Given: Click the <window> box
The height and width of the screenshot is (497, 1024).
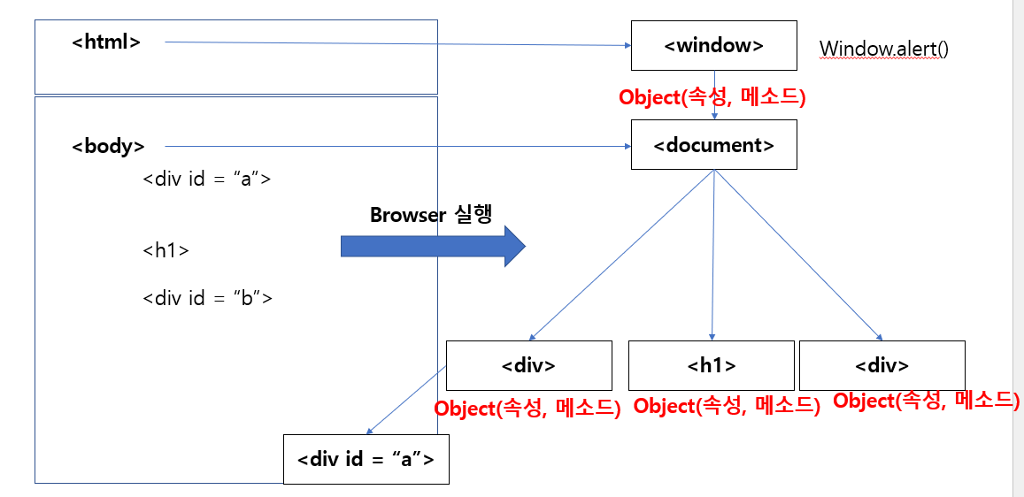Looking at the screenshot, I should pos(713,45).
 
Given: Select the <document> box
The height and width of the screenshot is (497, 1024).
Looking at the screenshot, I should pos(713,144).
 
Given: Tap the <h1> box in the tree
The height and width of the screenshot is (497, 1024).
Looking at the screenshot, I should pos(711,365).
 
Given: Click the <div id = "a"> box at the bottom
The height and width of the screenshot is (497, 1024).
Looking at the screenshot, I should pos(366,459).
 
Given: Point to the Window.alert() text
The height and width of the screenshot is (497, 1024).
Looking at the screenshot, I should pos(883,48).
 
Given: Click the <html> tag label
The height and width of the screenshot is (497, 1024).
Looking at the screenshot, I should pos(106,41).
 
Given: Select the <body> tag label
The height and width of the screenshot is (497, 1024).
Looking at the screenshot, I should pos(108,146).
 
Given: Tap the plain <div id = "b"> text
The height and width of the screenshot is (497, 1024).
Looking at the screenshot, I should pos(207,297).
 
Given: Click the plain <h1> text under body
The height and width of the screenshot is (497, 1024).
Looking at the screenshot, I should pos(166,250).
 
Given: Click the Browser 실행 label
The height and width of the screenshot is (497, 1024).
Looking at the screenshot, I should pos(430,215).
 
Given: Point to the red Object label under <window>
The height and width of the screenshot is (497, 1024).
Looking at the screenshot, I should pos(712,97).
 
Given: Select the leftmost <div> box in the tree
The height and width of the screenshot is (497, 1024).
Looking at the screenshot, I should pos(528,365).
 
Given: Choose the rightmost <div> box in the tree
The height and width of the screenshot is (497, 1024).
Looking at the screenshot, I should pos(882,365).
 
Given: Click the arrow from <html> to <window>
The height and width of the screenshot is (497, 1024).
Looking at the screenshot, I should pos(398,42).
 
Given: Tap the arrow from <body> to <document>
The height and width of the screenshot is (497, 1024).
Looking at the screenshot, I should pos(398,146).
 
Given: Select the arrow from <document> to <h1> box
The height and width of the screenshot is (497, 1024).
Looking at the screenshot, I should pos(713,256).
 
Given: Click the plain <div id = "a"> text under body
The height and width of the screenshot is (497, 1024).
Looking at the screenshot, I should pos(206,179).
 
